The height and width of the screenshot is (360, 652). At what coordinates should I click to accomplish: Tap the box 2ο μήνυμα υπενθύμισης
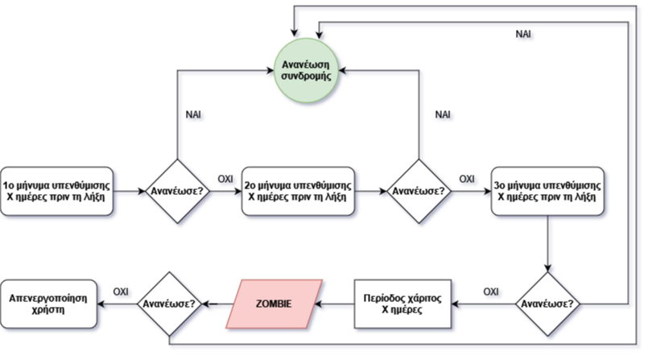click(299, 192)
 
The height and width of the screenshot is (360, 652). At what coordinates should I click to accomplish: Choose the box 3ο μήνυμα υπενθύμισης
click(548, 192)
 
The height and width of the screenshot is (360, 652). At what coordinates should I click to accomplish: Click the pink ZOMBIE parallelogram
click(273, 304)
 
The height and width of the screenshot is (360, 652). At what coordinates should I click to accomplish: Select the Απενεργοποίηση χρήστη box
click(49, 304)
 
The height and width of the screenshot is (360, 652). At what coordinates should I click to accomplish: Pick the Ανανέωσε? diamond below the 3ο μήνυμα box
click(548, 304)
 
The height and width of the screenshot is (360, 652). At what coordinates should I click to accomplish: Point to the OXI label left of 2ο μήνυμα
click(227, 178)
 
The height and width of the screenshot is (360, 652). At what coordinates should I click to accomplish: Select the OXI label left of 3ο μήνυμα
click(468, 178)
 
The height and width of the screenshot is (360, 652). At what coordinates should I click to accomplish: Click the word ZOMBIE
click(273, 304)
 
